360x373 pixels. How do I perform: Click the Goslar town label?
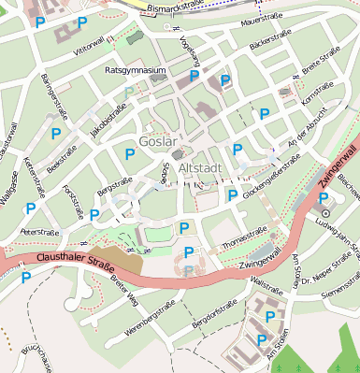point(156,141)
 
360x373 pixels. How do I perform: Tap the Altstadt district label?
point(198,168)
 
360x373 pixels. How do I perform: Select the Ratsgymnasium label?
point(136,70)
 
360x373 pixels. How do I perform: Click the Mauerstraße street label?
point(261,20)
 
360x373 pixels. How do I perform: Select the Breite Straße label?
point(322,68)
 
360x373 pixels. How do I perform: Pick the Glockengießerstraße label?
point(271,175)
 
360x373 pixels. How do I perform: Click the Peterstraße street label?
point(39,230)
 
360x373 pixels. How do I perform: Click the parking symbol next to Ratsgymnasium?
point(194,76)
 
